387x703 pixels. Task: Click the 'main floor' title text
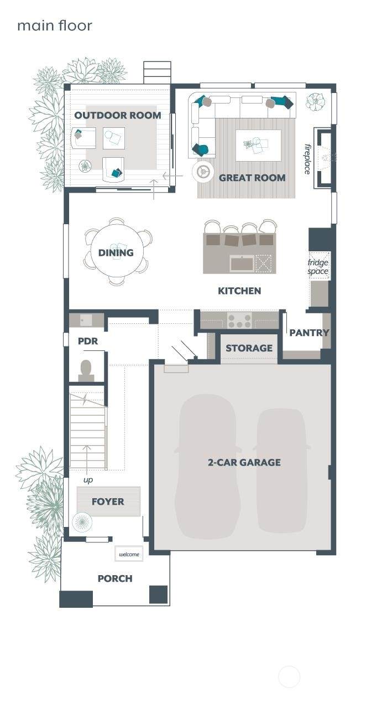coord(55,25)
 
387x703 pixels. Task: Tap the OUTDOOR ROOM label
coord(118,115)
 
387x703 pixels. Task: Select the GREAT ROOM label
coord(252,178)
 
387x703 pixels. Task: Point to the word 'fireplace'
coord(308,159)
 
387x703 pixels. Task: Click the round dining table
coord(117,252)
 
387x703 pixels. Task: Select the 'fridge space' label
coord(318,267)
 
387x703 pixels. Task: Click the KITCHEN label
coord(239,291)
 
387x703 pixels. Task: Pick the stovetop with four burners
coord(239,321)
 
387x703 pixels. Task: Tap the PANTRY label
coord(309,332)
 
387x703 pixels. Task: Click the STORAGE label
coord(249,348)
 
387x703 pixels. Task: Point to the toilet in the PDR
coord(86,370)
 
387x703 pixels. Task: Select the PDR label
coord(88,341)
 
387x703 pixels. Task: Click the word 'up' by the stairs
coord(88,480)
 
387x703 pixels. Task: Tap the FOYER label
coord(108,501)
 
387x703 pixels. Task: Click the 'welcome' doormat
coord(129,554)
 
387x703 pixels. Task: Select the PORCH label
coord(115,578)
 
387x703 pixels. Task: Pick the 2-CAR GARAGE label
coord(244,462)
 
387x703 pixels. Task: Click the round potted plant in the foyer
coord(82,522)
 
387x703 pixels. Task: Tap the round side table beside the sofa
coord(203,172)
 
